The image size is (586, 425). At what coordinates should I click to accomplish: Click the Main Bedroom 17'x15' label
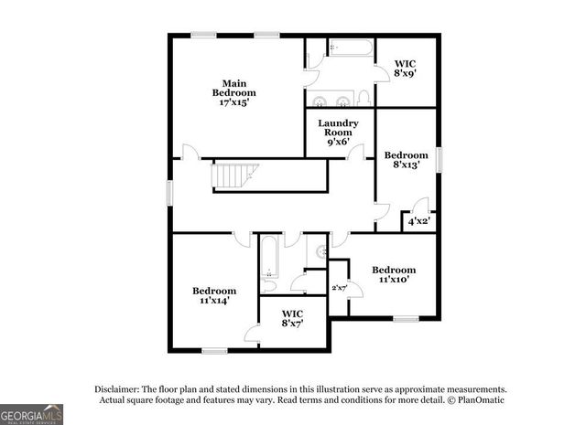pos(234,92)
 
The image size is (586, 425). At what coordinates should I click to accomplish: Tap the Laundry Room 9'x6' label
pos(338,133)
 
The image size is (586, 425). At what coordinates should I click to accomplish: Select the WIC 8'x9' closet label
pos(406,68)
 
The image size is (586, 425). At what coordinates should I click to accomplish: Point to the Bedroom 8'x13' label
pos(406,161)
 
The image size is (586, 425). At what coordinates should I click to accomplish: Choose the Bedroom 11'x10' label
pos(393,275)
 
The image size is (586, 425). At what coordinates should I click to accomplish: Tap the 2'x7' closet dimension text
pos(339,289)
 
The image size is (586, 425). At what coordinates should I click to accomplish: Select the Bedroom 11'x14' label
pos(214,294)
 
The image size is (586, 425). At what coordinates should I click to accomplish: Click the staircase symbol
pos(236,175)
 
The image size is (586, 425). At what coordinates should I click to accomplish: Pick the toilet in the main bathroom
pos(364,97)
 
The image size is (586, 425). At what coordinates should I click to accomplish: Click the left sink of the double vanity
pos(321,101)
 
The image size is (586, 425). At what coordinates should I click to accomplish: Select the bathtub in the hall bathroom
pos(269,258)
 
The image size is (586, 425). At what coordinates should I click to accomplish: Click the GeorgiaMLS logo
pos(32,414)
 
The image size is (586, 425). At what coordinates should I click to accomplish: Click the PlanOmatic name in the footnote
pos(478,400)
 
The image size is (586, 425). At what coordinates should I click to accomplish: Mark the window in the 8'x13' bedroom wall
pos(439,159)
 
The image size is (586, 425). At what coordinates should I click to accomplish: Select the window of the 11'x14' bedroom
pos(214,350)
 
